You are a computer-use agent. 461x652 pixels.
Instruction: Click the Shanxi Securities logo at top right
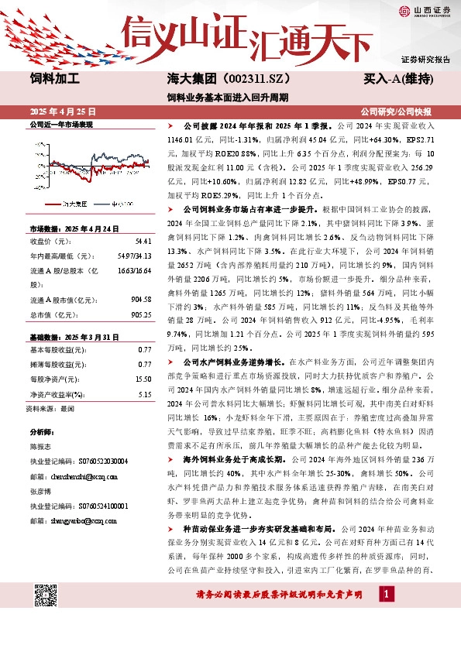pos(424,10)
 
